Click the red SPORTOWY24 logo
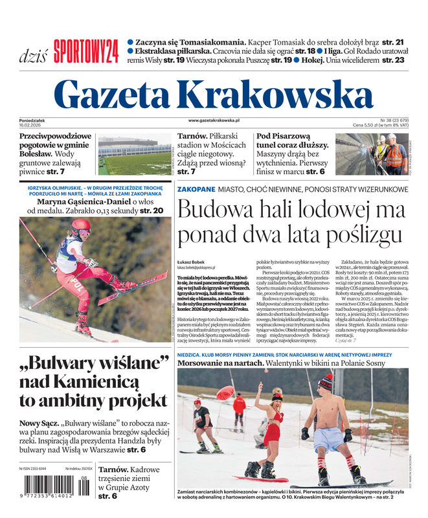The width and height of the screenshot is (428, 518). [x=86, y=51]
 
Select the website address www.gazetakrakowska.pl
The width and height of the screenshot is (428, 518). [x=214, y=120]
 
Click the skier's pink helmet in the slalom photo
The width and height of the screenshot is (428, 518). [x=81, y=227]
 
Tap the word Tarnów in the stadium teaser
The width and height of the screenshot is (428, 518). [x=192, y=137]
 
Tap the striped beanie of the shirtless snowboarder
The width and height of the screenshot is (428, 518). [x=326, y=383]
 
